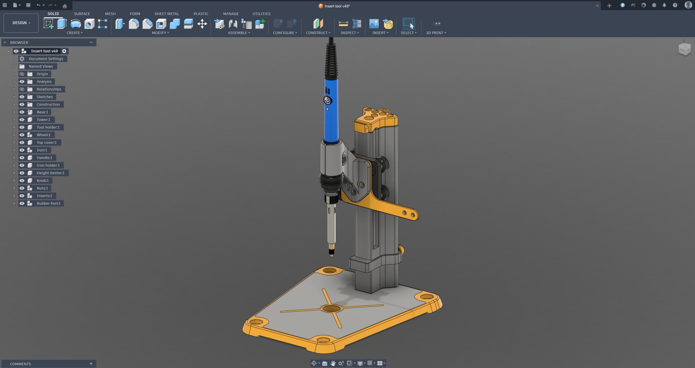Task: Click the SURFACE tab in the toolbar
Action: click(x=82, y=14)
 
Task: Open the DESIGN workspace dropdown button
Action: click(x=21, y=23)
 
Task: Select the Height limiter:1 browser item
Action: click(x=50, y=173)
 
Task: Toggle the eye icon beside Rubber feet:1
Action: click(x=22, y=203)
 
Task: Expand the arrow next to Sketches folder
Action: click(x=14, y=97)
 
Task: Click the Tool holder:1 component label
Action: click(x=48, y=127)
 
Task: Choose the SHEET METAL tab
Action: click(x=167, y=14)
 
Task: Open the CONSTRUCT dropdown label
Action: click(x=318, y=33)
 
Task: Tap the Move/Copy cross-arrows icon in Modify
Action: click(x=202, y=24)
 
